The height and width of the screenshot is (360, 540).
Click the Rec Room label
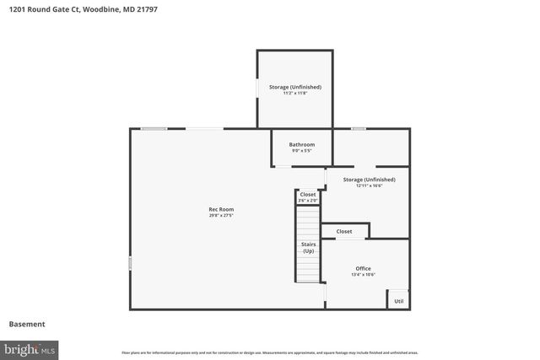point(221,209)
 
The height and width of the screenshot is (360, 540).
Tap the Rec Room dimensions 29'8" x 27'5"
point(221,216)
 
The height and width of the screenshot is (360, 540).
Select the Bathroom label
point(301,145)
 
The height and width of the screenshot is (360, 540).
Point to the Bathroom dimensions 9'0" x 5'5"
point(301,152)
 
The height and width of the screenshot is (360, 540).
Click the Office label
point(363,269)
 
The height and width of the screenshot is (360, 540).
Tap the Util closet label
point(398,301)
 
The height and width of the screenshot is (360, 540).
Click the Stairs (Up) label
point(309,248)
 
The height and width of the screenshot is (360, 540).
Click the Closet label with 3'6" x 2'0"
point(307,195)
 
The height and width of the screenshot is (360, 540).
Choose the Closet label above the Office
point(344,231)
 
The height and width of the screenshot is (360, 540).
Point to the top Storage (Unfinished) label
point(294,87)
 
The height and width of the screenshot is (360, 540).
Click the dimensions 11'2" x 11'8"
point(294,94)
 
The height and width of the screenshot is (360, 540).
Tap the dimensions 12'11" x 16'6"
point(369,186)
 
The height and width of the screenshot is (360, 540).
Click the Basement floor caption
point(27,324)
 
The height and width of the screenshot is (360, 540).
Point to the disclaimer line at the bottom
point(269,352)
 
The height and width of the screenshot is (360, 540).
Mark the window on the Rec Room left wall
point(130,264)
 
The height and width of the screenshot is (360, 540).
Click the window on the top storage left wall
point(257,88)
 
